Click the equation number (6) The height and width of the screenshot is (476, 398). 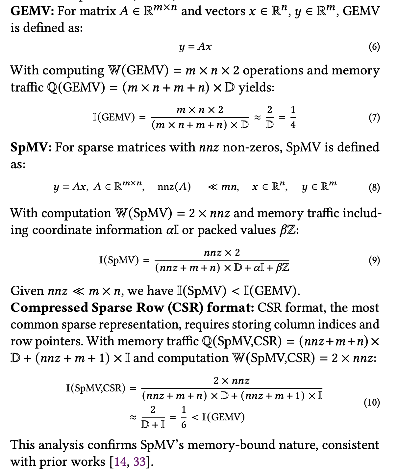(x=374, y=47)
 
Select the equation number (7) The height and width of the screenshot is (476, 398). (x=374, y=117)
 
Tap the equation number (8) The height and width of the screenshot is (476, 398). (x=374, y=187)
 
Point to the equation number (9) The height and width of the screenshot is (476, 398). (x=374, y=260)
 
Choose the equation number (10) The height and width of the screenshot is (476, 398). (x=372, y=402)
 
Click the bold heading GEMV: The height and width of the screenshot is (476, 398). (x=32, y=11)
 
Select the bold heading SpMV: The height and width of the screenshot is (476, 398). (x=31, y=147)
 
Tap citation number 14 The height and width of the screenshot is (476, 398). (x=120, y=462)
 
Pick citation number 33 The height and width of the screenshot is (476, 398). (x=139, y=462)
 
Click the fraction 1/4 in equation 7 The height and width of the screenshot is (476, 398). (x=293, y=117)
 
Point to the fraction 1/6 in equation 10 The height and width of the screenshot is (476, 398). (x=184, y=417)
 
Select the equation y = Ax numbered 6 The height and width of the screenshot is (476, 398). (x=195, y=47)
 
